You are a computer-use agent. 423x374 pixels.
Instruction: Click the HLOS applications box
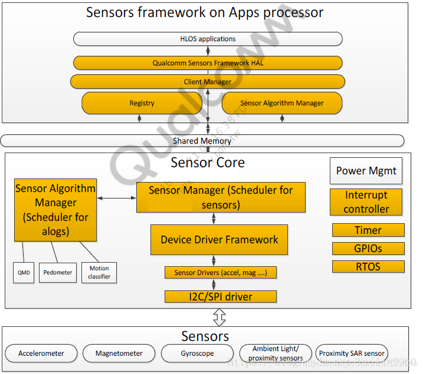coord(208,39)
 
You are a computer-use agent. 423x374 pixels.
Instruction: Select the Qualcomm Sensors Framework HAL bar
coord(208,62)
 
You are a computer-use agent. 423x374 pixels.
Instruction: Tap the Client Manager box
coord(208,81)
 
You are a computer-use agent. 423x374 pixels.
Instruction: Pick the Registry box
coord(142,103)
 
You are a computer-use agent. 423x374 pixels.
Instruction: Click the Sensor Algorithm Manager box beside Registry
coord(281,103)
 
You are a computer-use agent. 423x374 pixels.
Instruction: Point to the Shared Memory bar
coord(202,141)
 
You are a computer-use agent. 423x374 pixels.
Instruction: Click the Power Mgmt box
coord(366,171)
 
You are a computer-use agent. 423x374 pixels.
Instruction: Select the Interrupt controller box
coord(366,201)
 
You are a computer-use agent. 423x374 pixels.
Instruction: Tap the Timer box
coord(368,230)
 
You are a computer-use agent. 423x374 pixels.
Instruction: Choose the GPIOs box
coord(368,248)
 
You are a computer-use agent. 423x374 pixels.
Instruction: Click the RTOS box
coord(368,266)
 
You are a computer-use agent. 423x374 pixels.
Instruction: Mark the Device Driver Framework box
coord(219,240)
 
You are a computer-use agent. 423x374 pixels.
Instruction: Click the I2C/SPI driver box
coord(220,296)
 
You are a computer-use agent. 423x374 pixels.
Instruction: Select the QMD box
coord(24,272)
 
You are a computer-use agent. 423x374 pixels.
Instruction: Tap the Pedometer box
coord(58,272)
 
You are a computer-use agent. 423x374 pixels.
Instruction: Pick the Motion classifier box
coord(99,272)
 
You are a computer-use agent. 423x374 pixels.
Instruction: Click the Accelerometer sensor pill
coord(41,353)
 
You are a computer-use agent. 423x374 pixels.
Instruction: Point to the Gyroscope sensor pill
coord(196,353)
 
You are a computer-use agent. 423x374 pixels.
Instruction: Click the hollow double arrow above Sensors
coord(219,318)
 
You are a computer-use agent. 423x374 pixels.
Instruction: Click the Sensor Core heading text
coord(208,162)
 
